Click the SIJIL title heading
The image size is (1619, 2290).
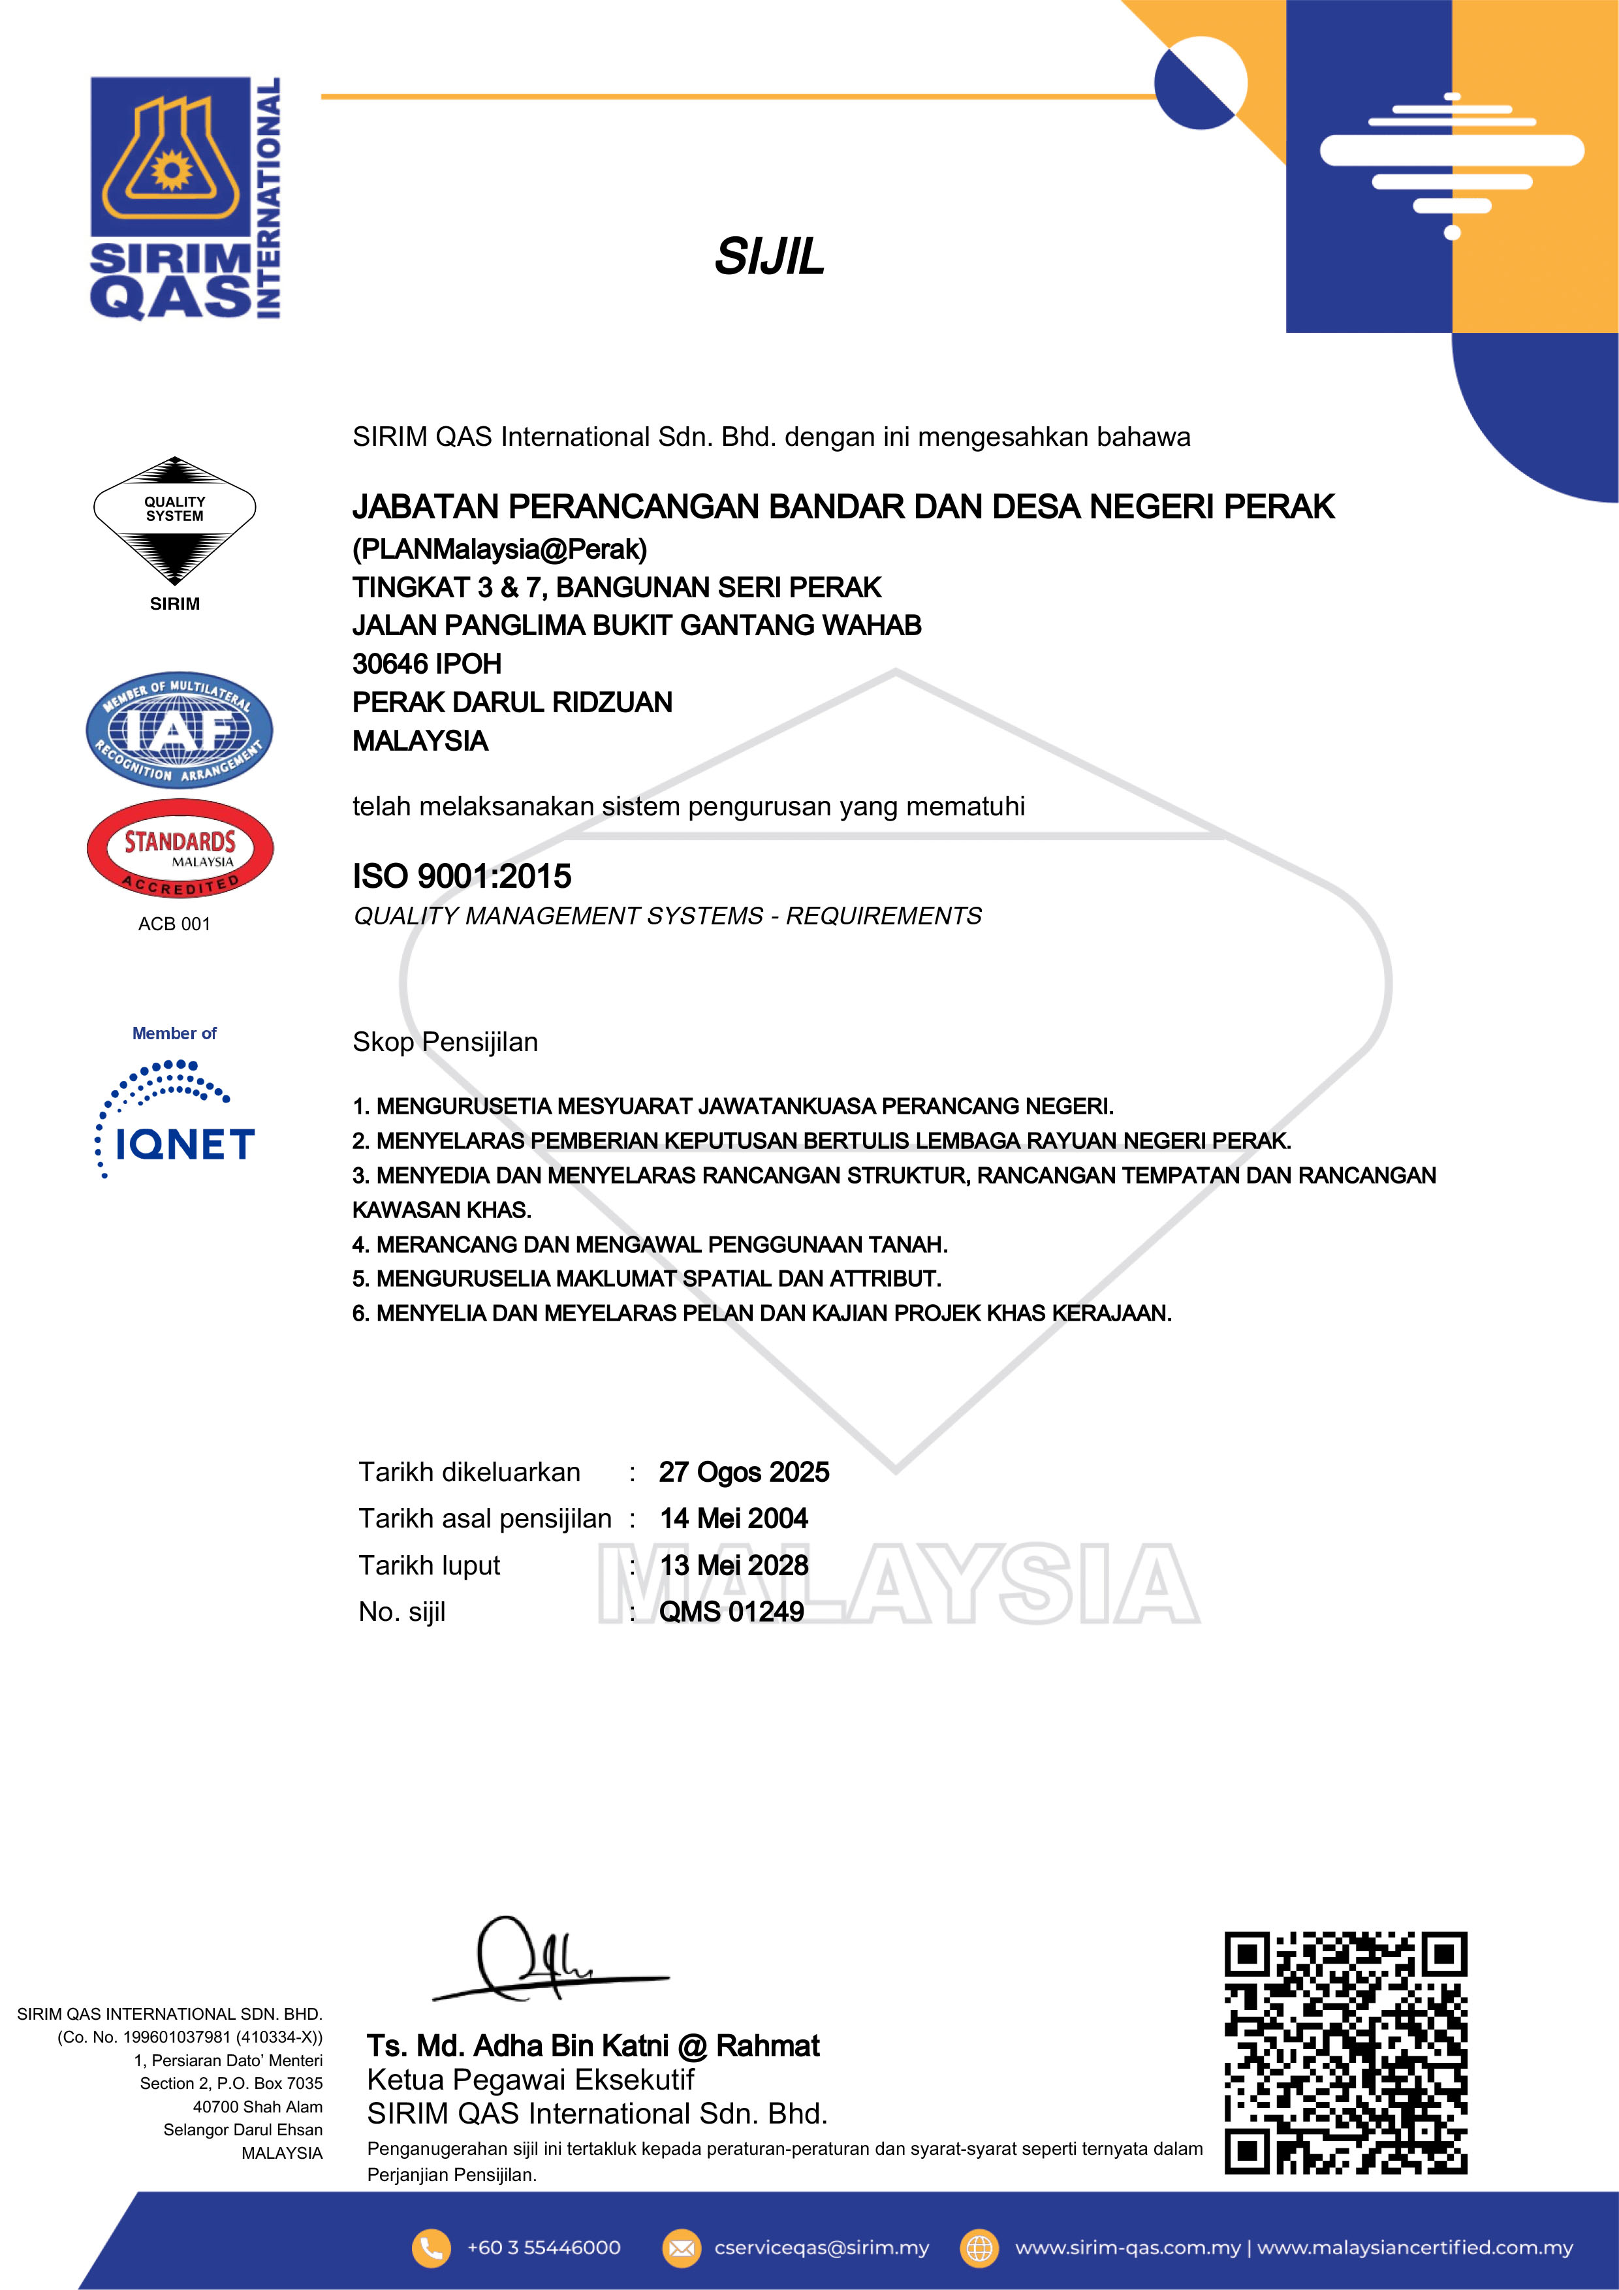tap(769, 257)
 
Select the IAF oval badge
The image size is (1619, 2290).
tap(179, 730)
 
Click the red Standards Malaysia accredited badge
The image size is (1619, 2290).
tap(180, 849)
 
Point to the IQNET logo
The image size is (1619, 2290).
tap(176, 1122)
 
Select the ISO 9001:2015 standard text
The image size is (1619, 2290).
tap(462, 877)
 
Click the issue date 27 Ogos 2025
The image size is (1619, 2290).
tap(744, 1472)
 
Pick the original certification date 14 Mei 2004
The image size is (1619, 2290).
tap(733, 1519)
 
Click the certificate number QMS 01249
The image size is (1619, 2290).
tap(731, 1612)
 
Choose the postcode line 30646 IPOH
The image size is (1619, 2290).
tap(427, 665)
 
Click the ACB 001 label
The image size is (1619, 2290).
tap(174, 924)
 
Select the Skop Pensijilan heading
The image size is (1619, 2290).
tap(445, 1043)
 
